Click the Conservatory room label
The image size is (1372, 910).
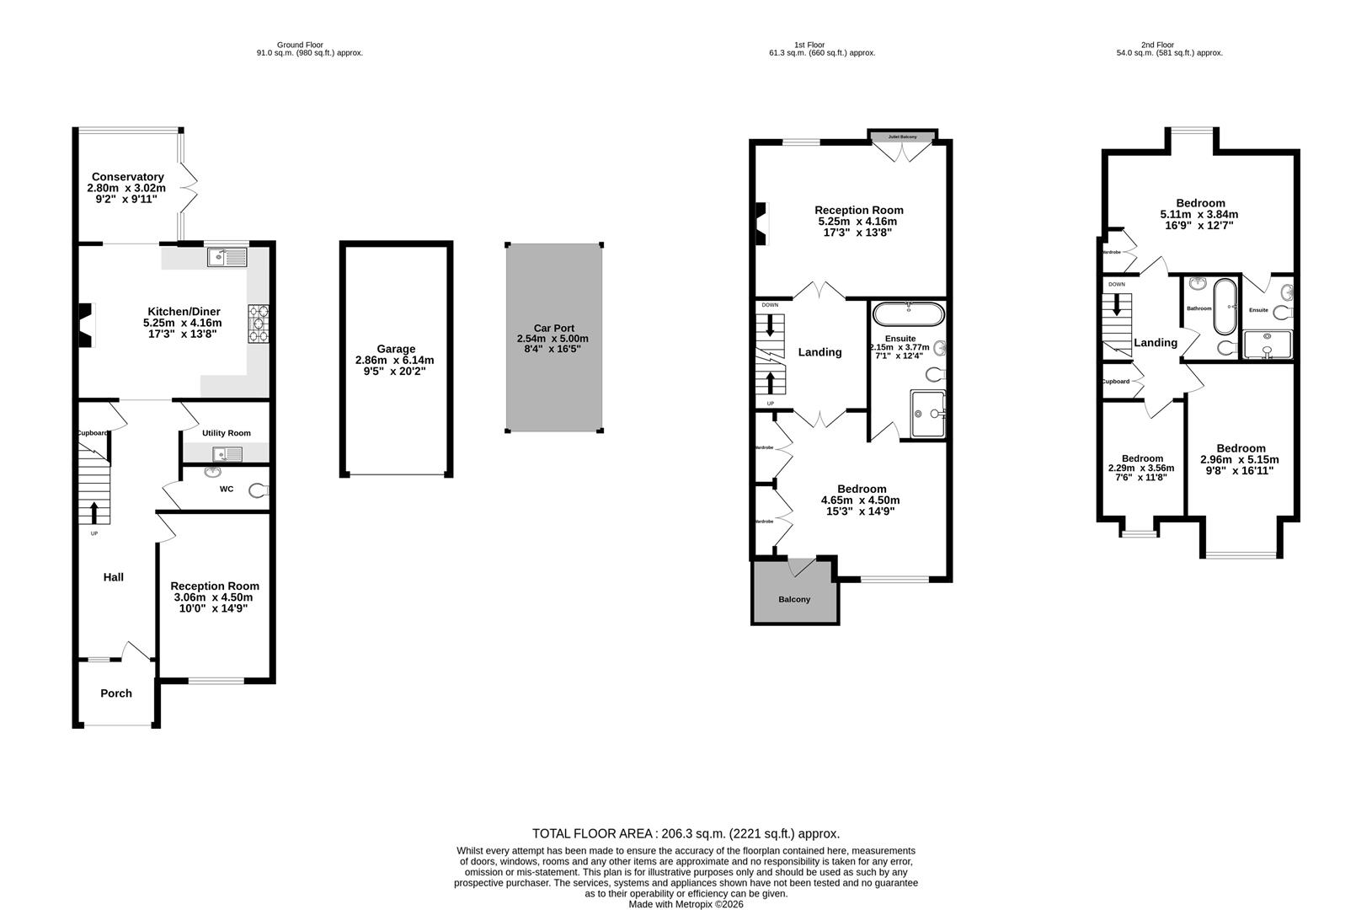point(127,177)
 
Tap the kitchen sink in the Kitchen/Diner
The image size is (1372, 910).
point(227,256)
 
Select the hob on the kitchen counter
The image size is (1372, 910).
point(258,323)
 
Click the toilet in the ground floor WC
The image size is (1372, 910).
point(257,490)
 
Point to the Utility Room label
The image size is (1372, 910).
point(226,433)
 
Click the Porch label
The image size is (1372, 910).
point(116,693)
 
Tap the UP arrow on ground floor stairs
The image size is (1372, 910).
point(93,511)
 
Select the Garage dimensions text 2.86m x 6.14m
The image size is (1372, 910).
point(395,360)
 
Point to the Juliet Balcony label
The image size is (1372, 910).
point(902,136)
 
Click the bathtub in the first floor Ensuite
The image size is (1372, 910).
point(909,314)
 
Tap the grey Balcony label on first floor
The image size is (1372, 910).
point(793,600)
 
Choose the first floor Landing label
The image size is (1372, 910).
point(819,352)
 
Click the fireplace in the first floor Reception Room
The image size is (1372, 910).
point(761,223)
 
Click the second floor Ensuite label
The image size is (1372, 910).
point(1258,310)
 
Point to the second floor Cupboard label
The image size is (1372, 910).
point(1115,382)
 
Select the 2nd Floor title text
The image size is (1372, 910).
point(1157,45)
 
